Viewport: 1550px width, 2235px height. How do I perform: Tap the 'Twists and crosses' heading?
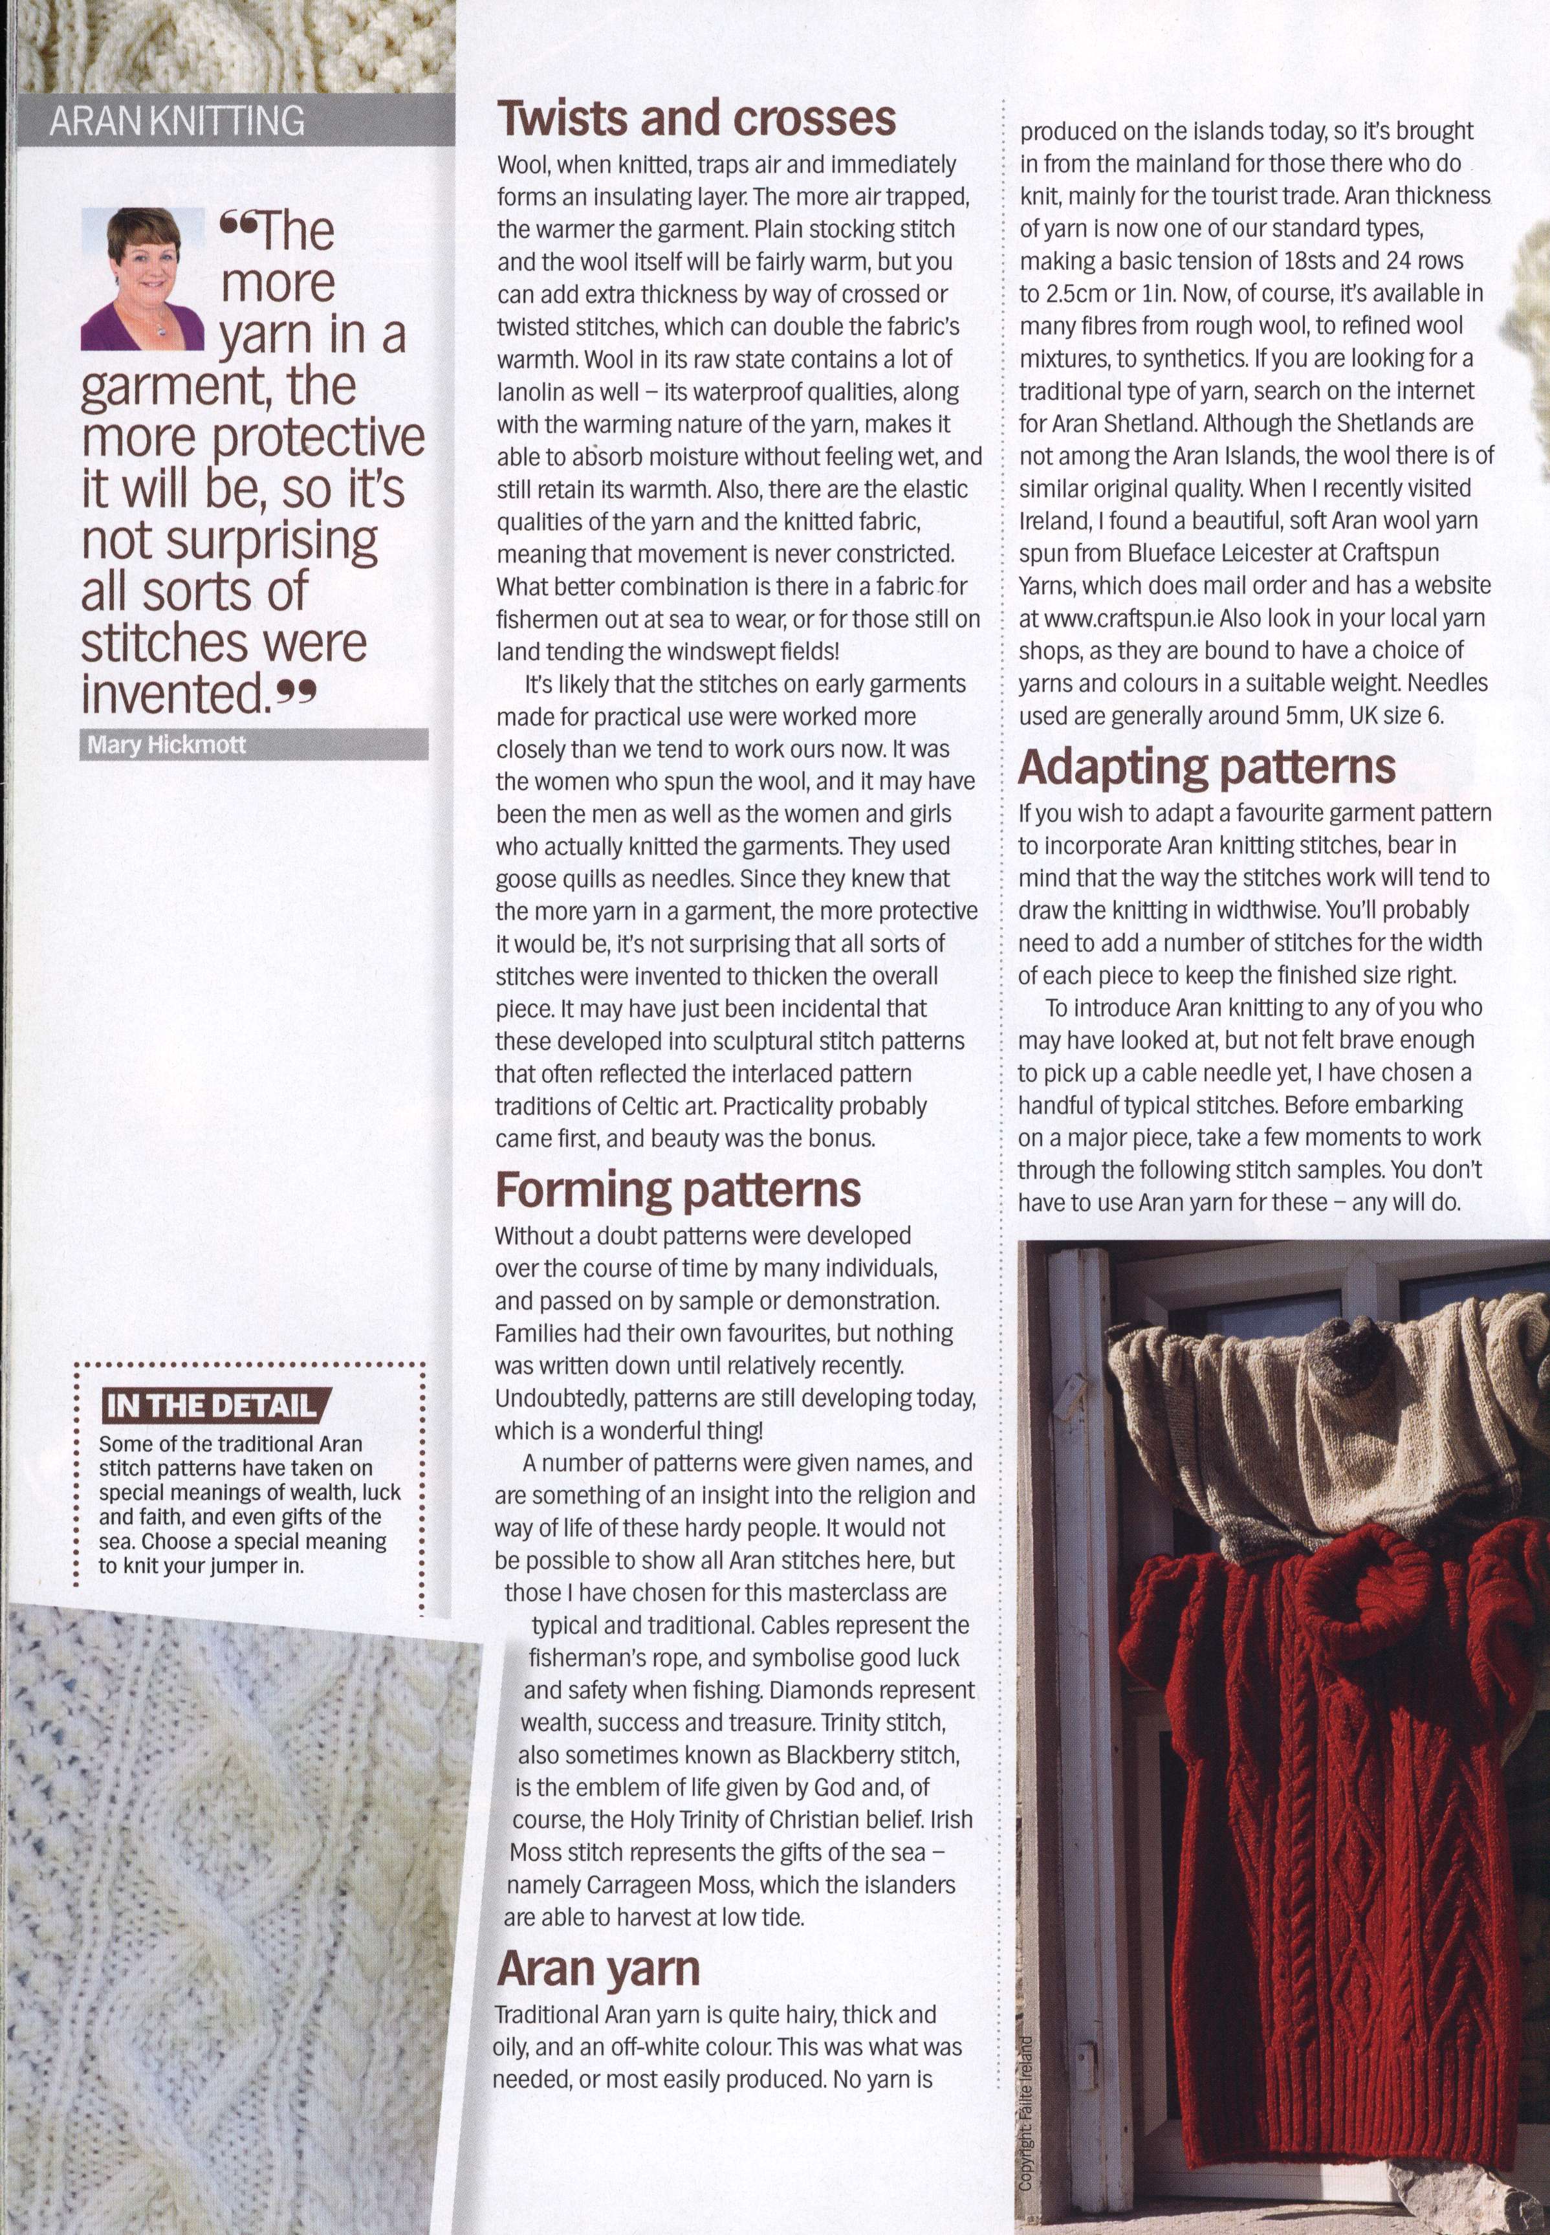(x=696, y=118)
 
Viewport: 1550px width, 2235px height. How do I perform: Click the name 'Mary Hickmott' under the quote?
(x=166, y=745)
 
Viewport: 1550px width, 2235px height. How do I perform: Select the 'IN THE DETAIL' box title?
(x=212, y=1405)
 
